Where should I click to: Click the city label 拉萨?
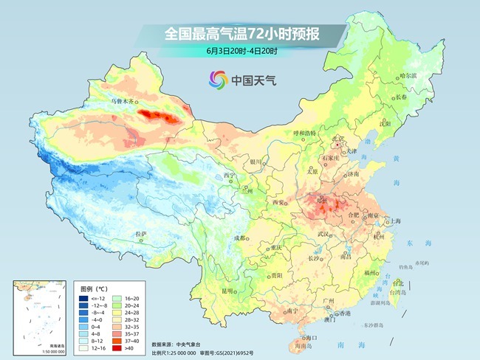coord(140,234)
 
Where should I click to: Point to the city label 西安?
coord(278,202)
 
